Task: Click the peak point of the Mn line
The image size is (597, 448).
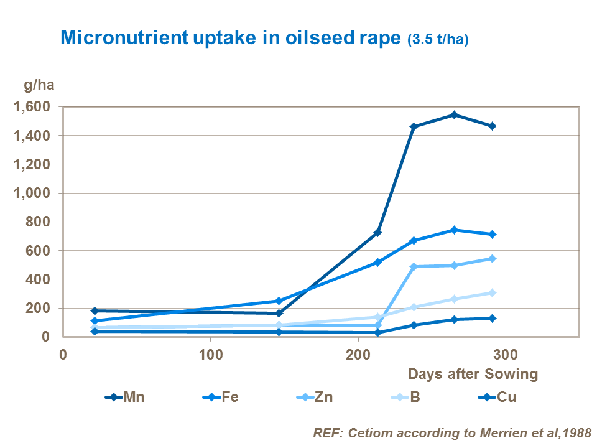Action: pos(454,114)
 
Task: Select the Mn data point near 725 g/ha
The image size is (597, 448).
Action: pos(377,232)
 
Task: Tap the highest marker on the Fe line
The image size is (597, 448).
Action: pos(454,230)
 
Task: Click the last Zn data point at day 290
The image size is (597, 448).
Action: pos(492,258)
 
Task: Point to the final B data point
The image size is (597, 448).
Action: pos(492,292)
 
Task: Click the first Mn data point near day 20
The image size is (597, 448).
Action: pos(95,310)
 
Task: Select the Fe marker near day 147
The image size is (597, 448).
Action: pos(279,301)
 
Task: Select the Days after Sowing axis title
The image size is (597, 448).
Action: pos(473,374)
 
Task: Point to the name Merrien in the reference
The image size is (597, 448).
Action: pos(500,432)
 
